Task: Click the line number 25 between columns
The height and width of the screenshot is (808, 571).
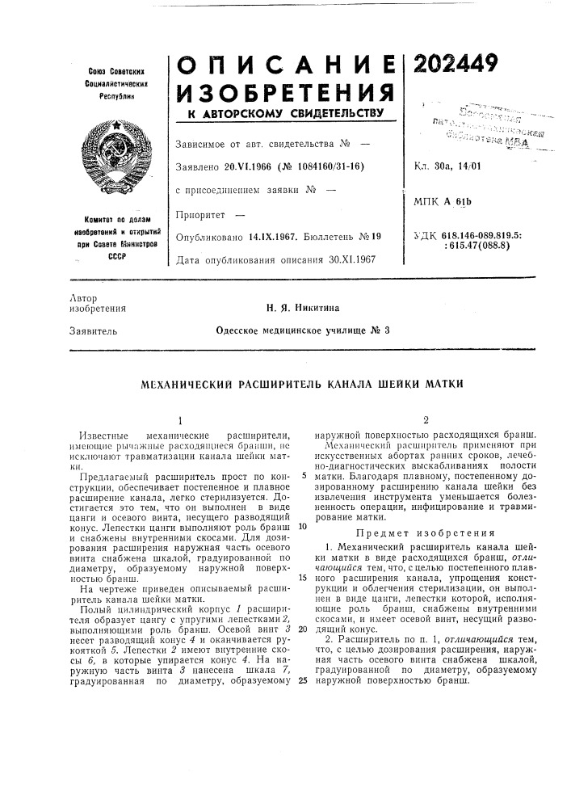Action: tap(302, 658)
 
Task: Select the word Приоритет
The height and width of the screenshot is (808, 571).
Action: tap(199, 216)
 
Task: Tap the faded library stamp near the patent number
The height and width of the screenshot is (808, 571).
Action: tap(483, 124)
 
